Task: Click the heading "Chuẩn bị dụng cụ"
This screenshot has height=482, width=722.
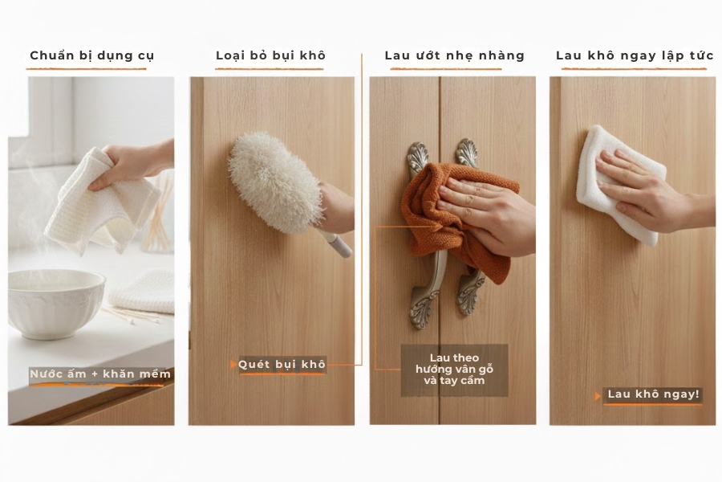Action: [91, 55]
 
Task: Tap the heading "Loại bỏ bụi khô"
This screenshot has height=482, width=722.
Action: [270, 55]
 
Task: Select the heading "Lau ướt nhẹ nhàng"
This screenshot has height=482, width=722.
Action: [454, 55]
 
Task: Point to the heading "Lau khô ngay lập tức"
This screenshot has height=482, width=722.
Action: [635, 55]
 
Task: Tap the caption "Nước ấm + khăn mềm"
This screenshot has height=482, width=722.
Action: [100, 374]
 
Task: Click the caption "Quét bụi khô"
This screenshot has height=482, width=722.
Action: [282, 365]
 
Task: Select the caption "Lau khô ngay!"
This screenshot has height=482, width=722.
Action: [654, 394]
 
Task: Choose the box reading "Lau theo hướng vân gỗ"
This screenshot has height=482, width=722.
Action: [454, 370]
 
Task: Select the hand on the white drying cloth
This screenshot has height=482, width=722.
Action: [642, 189]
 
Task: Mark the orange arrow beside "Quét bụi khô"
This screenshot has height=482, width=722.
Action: [233, 365]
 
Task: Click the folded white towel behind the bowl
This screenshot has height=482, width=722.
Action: [144, 291]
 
